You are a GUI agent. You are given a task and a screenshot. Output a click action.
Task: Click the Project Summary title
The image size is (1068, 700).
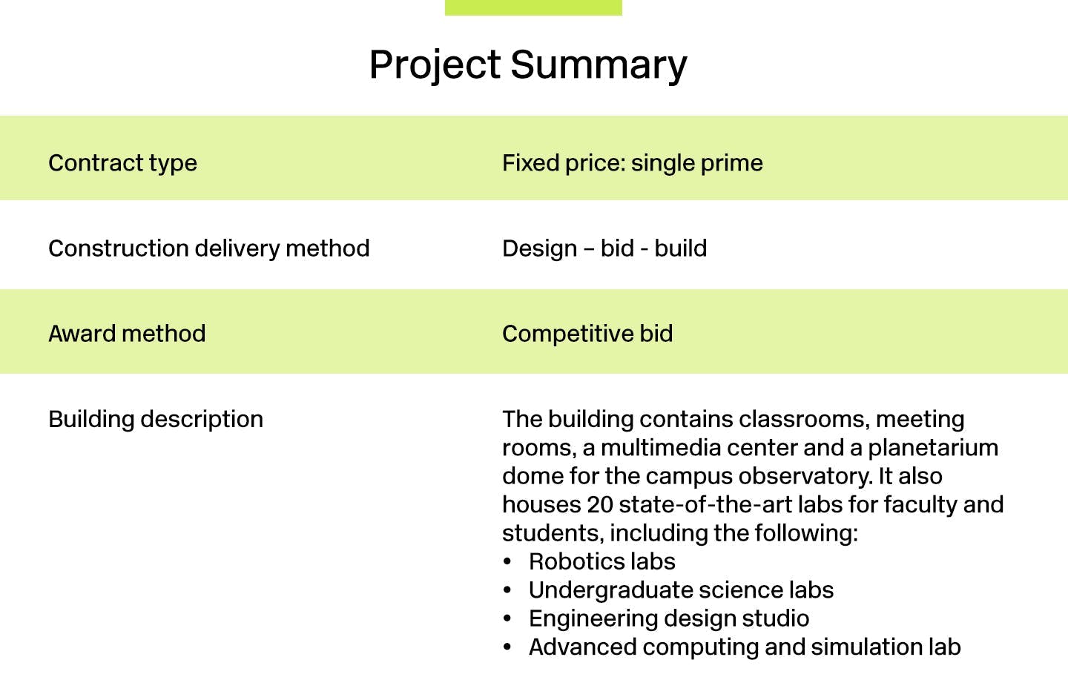click(528, 65)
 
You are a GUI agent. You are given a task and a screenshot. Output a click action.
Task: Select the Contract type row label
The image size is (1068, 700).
click(122, 164)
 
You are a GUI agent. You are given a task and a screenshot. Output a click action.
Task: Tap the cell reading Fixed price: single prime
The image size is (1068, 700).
click(632, 164)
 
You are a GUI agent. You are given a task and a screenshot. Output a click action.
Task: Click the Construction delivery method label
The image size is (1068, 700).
click(209, 249)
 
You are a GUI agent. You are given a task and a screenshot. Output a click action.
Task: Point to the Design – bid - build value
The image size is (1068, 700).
click(604, 248)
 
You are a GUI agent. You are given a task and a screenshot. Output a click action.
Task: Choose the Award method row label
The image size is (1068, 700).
click(127, 334)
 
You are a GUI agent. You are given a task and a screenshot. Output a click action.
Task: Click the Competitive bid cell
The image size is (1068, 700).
click(587, 334)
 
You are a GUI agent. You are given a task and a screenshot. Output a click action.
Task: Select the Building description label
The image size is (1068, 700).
click(156, 420)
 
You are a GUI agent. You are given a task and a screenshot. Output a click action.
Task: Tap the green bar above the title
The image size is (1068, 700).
click(533, 7)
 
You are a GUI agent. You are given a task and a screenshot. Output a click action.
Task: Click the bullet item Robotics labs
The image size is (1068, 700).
click(601, 562)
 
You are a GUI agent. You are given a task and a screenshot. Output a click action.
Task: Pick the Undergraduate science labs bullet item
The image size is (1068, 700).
click(681, 590)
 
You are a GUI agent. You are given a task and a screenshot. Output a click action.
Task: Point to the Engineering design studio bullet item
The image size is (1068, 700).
click(669, 619)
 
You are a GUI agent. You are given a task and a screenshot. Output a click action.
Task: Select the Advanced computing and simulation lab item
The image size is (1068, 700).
click(745, 647)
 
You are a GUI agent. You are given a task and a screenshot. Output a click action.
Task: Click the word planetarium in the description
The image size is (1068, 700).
click(933, 448)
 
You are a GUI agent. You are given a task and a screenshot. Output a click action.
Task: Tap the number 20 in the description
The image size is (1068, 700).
click(600, 505)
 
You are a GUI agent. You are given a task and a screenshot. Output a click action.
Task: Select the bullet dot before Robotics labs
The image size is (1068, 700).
click(507, 562)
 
